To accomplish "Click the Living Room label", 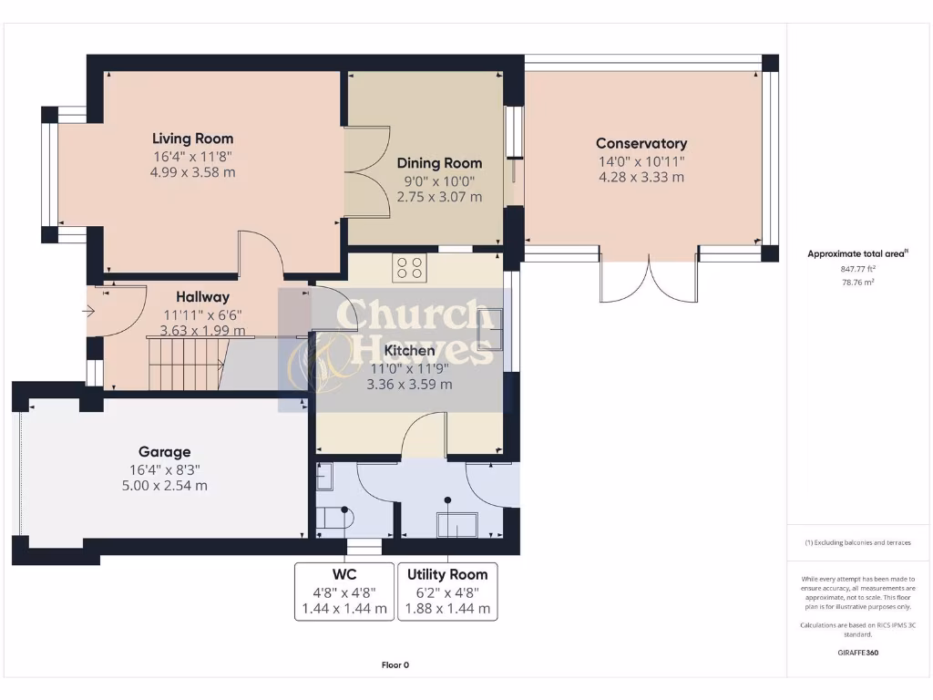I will pos(192,139).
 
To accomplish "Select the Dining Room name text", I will pos(439,163).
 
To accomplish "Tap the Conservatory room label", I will pos(641,143).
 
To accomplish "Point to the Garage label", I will pos(164,451).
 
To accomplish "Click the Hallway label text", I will pos(202,296).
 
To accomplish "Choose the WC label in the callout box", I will pos(344,574).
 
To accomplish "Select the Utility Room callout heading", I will pos(447,574).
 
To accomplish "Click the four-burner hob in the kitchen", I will pos(407,268).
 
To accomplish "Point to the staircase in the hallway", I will pos(186,362).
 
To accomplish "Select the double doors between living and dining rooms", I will pos(367,172).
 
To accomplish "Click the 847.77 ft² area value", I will pos(857,269).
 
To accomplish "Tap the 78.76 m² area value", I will pos(857,283).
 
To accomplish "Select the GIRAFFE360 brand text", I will pos(857,653).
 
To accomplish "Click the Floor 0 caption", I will pos(395,665).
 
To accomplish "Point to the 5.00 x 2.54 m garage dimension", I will pos(164,486).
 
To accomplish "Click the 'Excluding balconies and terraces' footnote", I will pos(857,542).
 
